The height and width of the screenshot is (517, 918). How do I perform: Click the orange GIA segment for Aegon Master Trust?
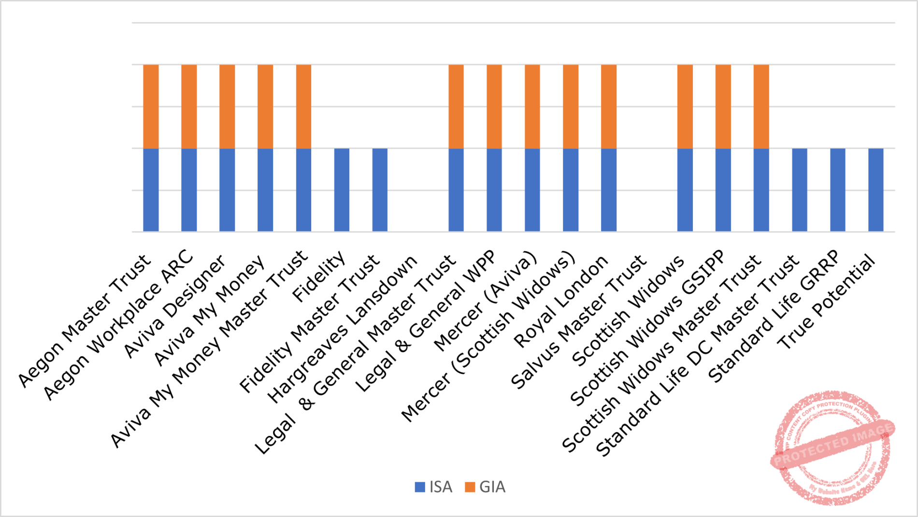click(x=151, y=106)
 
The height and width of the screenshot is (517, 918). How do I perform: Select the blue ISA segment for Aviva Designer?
click(x=227, y=190)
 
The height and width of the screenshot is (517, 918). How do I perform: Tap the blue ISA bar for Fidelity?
click(x=342, y=190)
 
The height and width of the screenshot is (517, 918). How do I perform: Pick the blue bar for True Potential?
click(x=875, y=190)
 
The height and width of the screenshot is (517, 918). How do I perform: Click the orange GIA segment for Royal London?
click(x=609, y=106)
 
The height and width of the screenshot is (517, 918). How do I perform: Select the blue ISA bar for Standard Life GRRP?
click(x=838, y=190)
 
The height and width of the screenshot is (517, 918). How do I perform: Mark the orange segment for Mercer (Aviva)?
click(x=532, y=106)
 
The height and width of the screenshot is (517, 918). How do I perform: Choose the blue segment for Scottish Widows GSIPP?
click(x=723, y=190)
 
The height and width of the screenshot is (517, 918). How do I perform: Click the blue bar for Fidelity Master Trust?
click(x=380, y=190)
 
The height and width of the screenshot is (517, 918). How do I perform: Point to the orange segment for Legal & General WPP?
click(x=494, y=106)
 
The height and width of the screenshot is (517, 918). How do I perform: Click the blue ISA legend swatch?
click(x=420, y=487)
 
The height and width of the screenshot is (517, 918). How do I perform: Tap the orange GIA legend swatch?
click(x=470, y=487)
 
